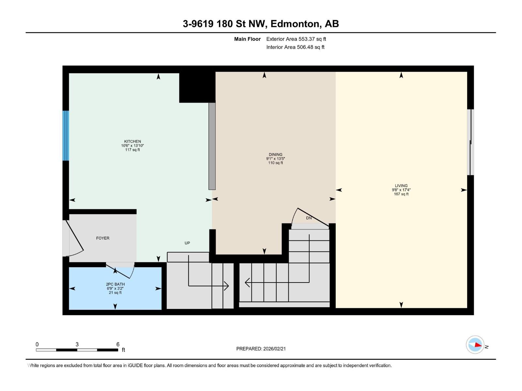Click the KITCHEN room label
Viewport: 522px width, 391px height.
point(132,141)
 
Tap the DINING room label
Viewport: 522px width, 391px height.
point(276,154)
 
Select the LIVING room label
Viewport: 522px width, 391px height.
point(401,186)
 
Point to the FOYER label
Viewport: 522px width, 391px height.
point(103,238)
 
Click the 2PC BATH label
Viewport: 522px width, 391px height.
point(115,284)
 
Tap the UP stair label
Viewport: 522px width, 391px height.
point(187,243)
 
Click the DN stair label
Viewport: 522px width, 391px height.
point(309,218)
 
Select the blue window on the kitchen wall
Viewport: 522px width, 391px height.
point(66,136)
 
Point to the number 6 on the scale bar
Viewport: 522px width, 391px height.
point(118,344)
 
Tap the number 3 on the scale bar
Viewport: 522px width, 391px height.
point(77,344)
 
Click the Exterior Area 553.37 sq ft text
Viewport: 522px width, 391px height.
point(296,39)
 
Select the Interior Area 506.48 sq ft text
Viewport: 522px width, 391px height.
point(295,47)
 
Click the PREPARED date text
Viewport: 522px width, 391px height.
point(261,349)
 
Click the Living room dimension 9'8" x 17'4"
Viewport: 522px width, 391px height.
point(401,190)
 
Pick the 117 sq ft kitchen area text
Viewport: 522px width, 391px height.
point(132,150)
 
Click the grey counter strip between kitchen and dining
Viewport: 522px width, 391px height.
point(212,146)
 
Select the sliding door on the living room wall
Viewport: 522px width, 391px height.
point(470,142)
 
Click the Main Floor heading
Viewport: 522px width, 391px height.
point(247,39)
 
